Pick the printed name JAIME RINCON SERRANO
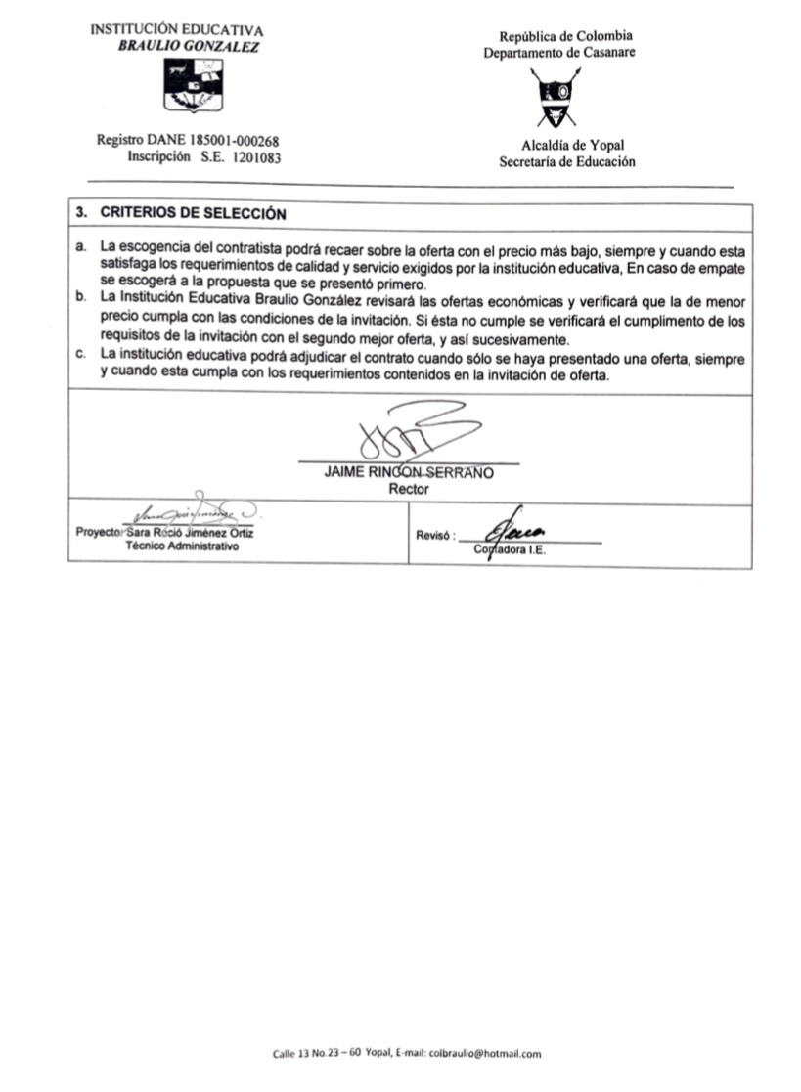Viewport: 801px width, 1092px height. coord(409,472)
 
